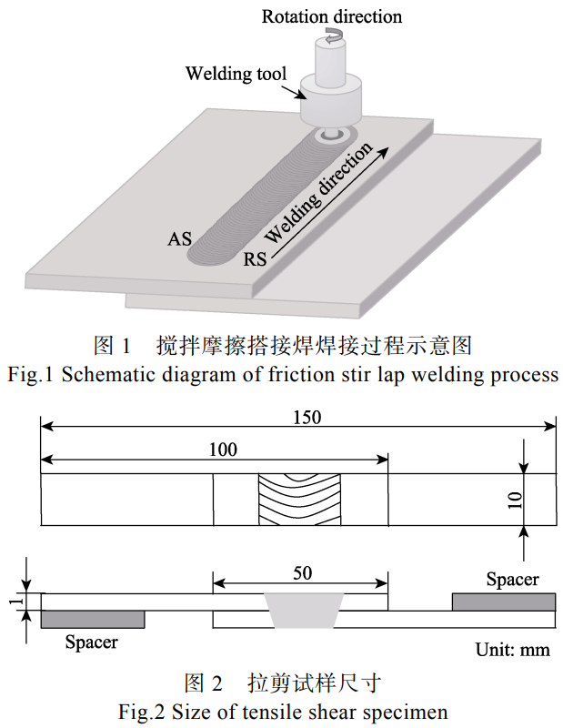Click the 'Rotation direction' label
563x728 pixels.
(x=331, y=15)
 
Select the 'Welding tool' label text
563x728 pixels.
(x=236, y=73)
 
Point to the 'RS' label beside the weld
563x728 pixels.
(x=256, y=260)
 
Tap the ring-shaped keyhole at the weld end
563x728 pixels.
(x=330, y=135)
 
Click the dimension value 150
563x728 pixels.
(x=307, y=416)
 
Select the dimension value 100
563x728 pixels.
(x=222, y=449)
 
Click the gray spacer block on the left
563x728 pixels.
(x=93, y=619)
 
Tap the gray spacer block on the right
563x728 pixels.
(x=504, y=601)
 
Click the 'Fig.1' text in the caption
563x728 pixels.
(x=29, y=375)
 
